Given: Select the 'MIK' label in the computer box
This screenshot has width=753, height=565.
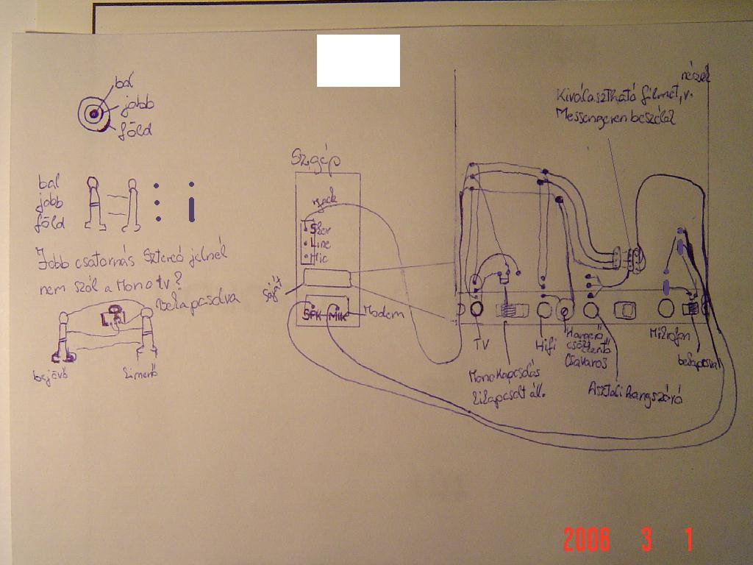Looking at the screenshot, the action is point(338,315).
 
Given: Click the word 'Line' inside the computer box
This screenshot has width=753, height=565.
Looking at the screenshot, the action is point(321,244).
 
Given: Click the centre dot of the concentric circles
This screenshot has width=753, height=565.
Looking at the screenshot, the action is point(93,114).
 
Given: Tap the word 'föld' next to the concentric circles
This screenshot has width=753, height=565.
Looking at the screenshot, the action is point(136,131).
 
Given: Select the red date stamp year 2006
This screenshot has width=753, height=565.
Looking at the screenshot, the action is point(586,540).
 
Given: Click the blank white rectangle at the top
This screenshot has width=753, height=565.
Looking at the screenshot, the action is point(358,60).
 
